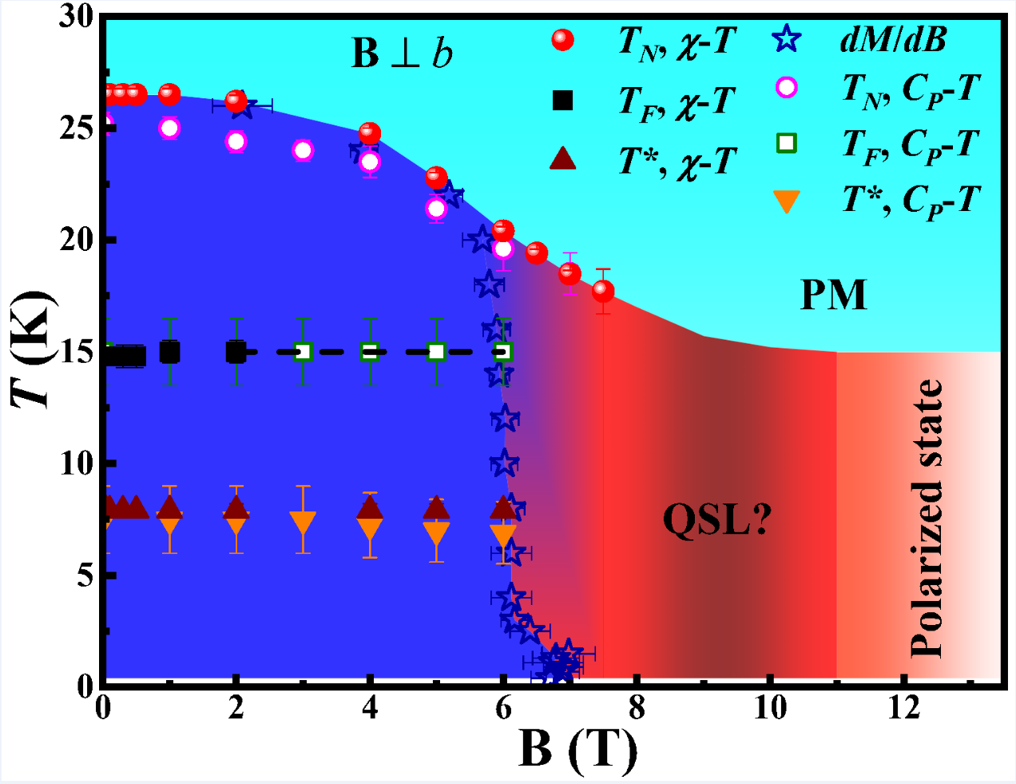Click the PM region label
[833, 295]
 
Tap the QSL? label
[716, 520]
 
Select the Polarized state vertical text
[927, 519]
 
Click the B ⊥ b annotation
[402, 54]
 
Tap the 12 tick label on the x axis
[903, 707]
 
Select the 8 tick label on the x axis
[637, 707]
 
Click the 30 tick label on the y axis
[77, 17]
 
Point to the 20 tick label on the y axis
[77, 240]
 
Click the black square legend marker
[563, 101]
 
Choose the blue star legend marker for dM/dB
[787, 39]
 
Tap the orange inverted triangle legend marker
[787, 201]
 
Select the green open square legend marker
[787, 144]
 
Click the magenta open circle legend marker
[787, 87]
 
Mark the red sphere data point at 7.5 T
[603, 291]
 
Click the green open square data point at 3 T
[303, 352]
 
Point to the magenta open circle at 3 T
[303, 150]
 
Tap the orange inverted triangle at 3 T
[303, 523]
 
